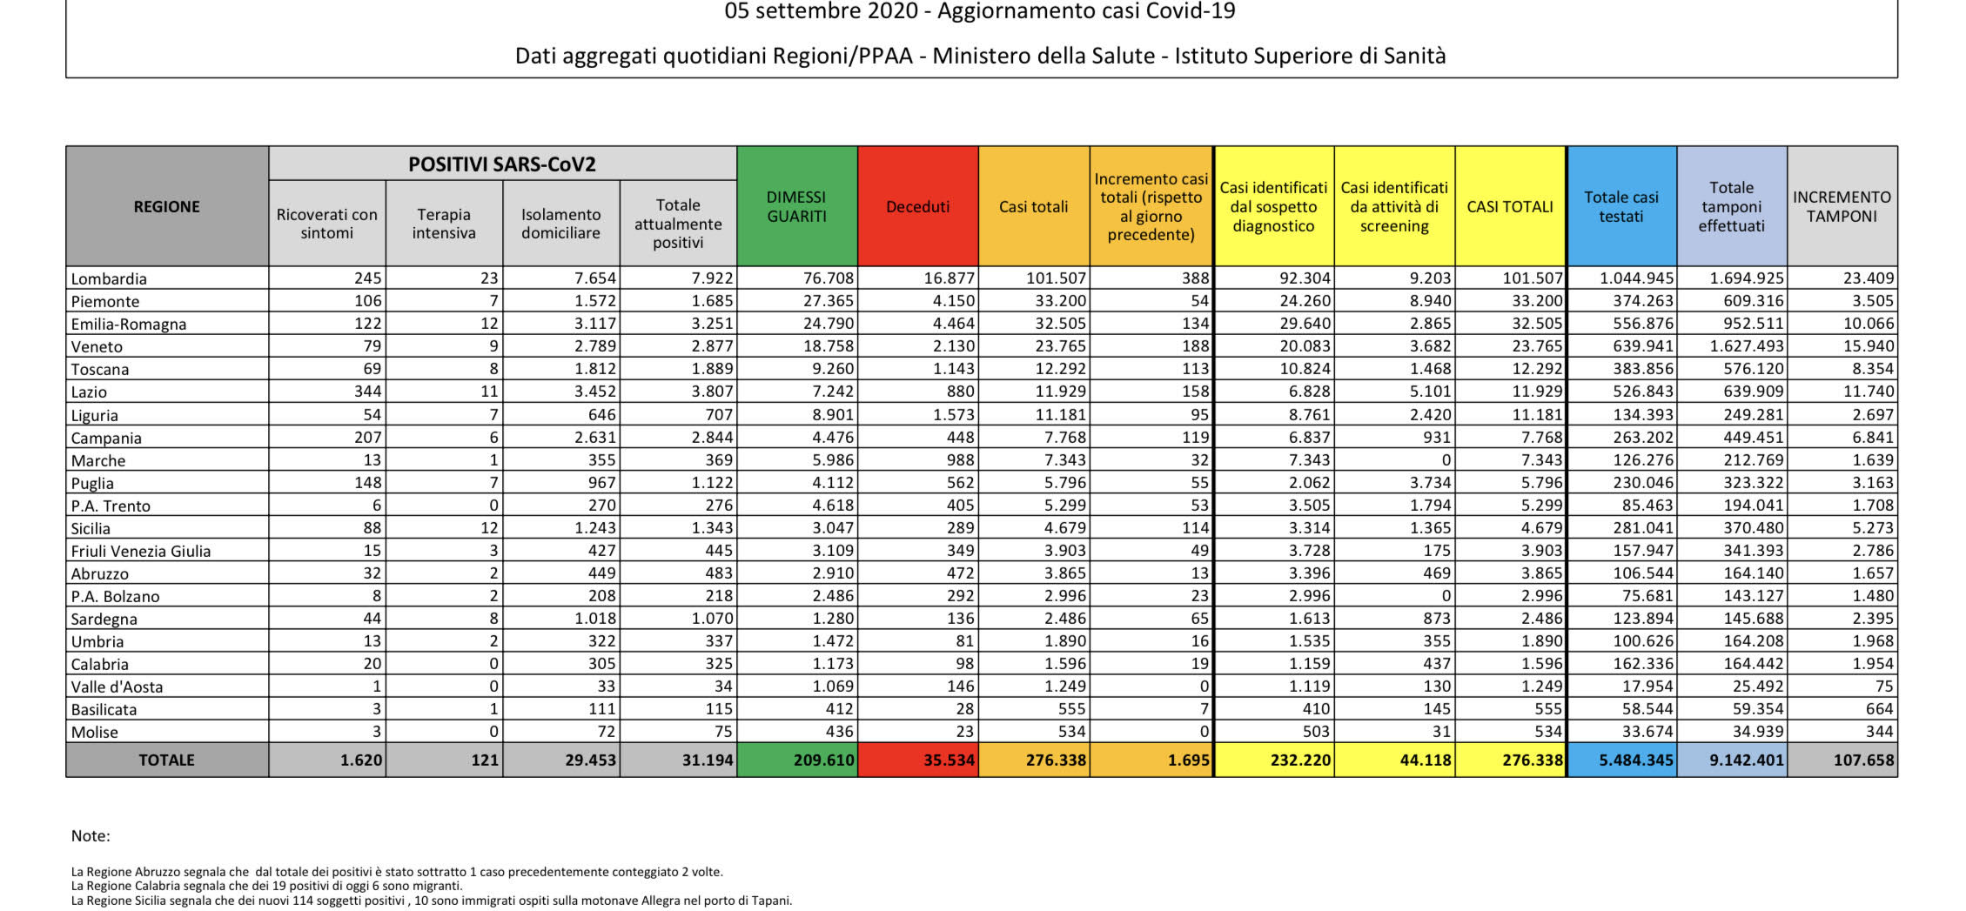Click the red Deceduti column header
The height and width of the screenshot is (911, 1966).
point(917,206)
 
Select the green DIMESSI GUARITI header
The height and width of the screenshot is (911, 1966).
point(796,206)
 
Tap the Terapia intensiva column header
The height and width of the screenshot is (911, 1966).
point(444,224)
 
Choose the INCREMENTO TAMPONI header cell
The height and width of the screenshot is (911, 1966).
point(1842,206)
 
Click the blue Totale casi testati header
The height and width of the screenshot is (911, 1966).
point(1621,206)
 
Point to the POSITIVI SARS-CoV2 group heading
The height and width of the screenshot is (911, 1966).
point(502,164)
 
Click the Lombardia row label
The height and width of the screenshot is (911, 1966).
point(109,278)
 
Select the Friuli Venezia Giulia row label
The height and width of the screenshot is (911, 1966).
point(141,551)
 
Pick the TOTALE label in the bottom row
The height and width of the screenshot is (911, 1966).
point(166,760)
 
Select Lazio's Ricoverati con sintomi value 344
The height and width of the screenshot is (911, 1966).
point(366,392)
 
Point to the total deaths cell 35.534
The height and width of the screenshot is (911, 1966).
point(949,760)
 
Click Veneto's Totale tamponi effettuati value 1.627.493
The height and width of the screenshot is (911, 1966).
point(1747,346)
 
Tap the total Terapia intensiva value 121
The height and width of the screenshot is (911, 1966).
point(484,760)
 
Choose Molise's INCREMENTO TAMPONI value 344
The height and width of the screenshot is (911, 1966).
point(1878,732)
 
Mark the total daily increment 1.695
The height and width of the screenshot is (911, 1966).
point(1189,760)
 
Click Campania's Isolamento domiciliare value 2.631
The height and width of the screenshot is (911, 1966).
point(595,437)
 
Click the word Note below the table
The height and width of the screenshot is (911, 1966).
point(91,836)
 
